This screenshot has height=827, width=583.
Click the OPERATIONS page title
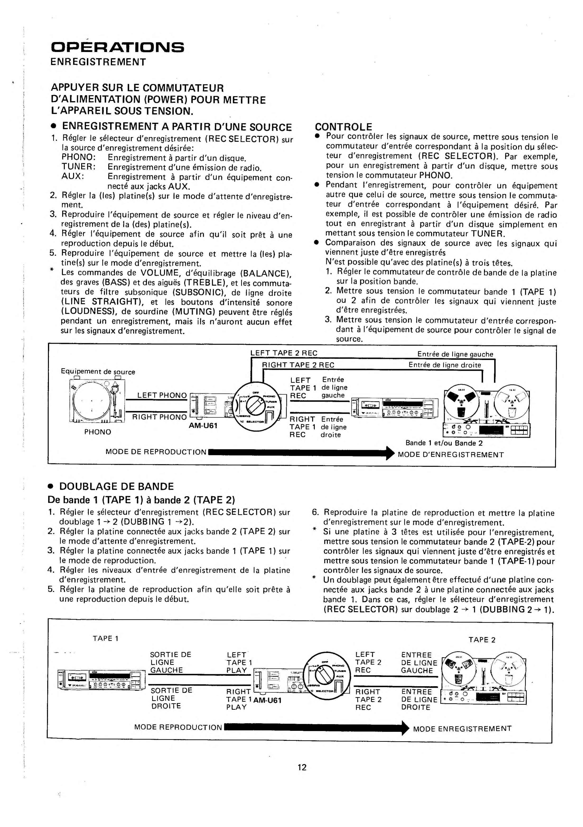coord(117,47)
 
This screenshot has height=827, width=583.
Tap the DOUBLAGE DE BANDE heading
coord(116,486)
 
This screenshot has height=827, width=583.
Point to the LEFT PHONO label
coord(162,395)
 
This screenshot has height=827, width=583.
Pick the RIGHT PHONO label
coord(159,417)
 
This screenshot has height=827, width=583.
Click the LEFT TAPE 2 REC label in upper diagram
coord(284,353)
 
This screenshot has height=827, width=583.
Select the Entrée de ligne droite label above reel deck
coord(444,365)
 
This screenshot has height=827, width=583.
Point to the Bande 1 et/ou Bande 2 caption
coord(444,443)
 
